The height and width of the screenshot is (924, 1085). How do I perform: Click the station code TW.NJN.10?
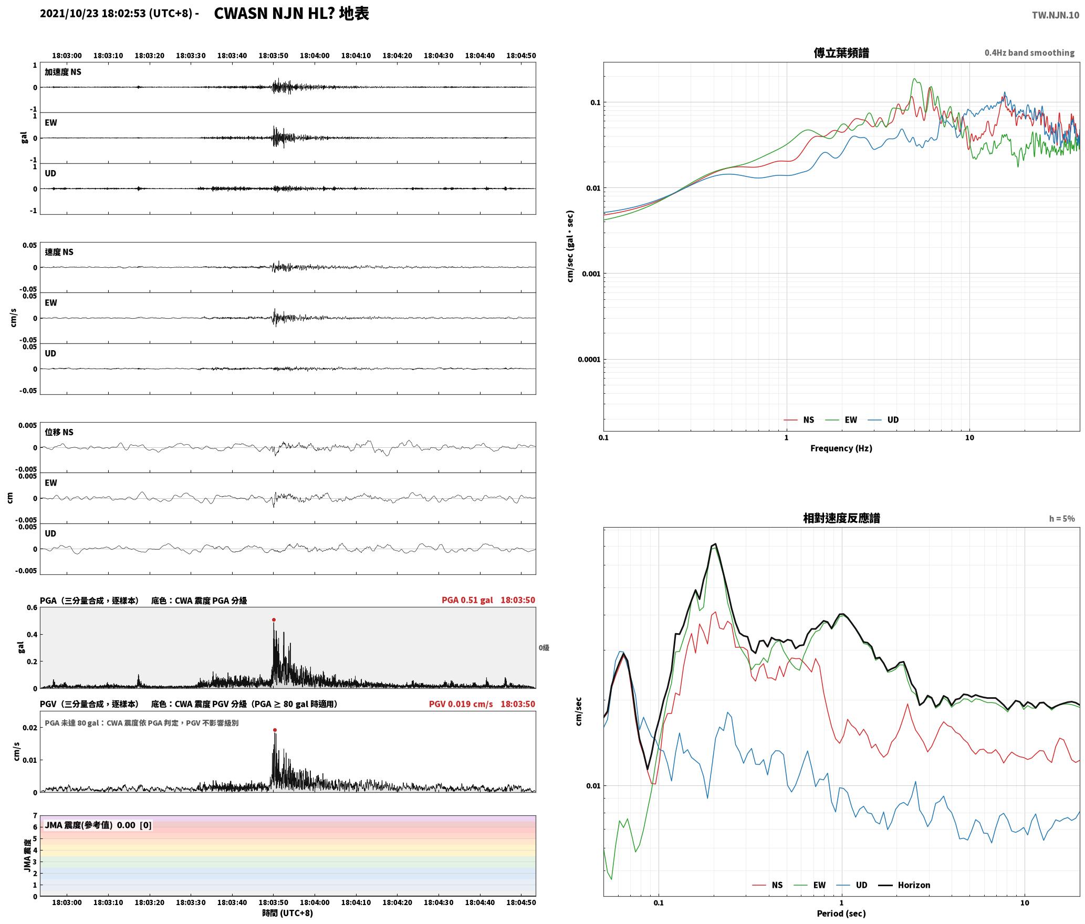[1055, 15]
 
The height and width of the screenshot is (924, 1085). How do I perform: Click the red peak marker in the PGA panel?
[274, 620]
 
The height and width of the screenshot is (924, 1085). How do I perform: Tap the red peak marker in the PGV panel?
[275, 730]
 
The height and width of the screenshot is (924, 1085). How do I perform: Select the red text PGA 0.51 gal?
[467, 600]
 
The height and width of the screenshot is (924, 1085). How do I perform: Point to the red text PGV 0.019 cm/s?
[461, 704]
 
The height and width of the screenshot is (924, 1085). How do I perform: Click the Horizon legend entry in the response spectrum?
[904, 885]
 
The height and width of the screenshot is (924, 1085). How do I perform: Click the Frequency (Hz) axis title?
[841, 448]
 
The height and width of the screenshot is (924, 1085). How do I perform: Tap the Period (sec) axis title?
[841, 914]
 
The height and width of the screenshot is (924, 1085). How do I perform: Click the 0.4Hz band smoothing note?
[1029, 53]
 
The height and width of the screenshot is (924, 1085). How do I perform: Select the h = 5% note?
[1062, 519]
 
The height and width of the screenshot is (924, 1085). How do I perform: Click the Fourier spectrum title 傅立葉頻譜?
[841, 53]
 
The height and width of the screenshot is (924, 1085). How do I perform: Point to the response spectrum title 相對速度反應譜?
[841, 518]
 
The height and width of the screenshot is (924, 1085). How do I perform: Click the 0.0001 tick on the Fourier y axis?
[589, 360]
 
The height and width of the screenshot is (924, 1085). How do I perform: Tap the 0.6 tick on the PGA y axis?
[32, 608]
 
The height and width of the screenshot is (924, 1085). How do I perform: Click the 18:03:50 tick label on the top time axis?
[273, 56]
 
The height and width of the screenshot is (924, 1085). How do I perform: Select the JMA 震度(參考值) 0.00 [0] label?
[98, 825]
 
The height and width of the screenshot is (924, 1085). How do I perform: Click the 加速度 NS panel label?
[63, 72]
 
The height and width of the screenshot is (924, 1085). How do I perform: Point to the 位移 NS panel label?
[59, 432]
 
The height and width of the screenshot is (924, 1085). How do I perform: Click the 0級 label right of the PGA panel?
[544, 648]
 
